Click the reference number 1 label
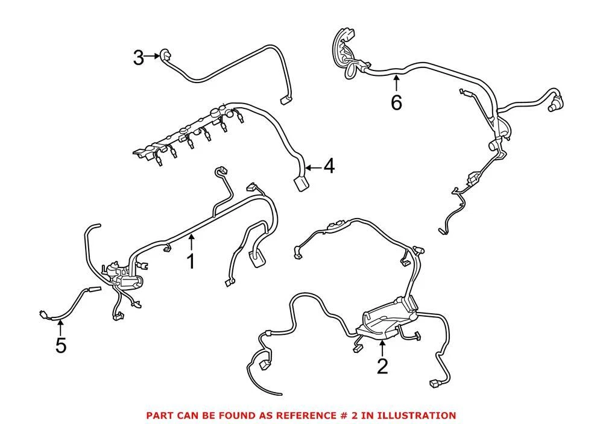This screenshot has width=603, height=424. pyautogui.click(x=191, y=262)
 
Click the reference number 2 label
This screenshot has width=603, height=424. pyautogui.click(x=382, y=366)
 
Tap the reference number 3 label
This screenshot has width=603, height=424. pyautogui.click(x=138, y=58)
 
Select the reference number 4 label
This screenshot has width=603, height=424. pyautogui.click(x=328, y=166)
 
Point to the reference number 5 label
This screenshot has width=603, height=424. pyautogui.click(x=60, y=346)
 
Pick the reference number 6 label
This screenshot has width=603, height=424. pyautogui.click(x=396, y=103)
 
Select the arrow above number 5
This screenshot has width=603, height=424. pyautogui.click(x=60, y=328)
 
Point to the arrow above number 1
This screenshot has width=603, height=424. pyautogui.click(x=191, y=243)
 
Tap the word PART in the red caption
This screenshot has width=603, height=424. pyautogui.click(x=159, y=416)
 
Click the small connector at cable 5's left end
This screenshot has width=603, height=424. pyautogui.click(x=43, y=314)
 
